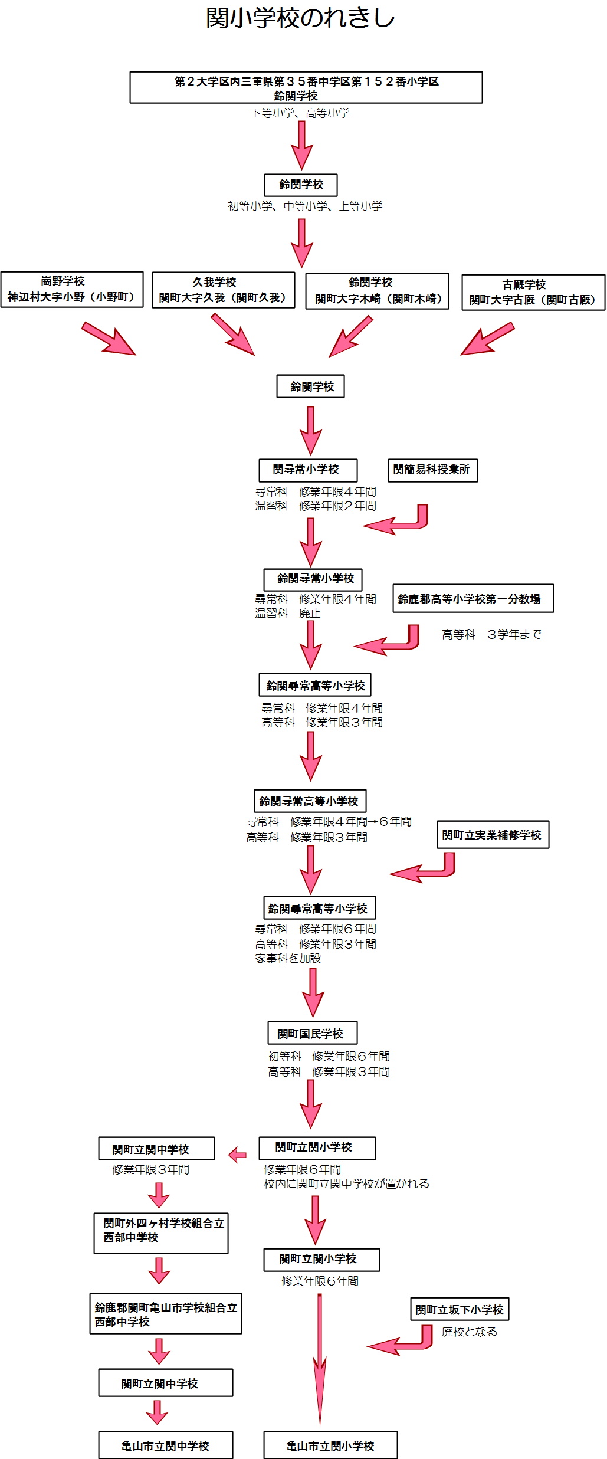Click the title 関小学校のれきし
[x=300, y=18]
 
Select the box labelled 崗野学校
[x=72, y=290]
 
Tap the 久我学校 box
[x=223, y=290]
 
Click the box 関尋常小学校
[x=308, y=470]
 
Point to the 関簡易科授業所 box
[x=432, y=470]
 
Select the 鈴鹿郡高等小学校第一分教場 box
[x=473, y=599]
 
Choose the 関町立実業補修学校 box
[x=493, y=835]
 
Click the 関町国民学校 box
[x=313, y=1033]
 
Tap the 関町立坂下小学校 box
[x=460, y=1310]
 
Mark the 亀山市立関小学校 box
[x=330, y=1445]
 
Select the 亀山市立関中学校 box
[x=165, y=1445]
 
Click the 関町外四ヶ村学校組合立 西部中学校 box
[x=161, y=1234]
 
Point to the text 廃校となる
[x=470, y=1332]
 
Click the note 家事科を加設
[x=288, y=959]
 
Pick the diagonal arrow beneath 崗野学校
[x=109, y=339]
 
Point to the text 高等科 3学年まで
[x=491, y=635]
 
